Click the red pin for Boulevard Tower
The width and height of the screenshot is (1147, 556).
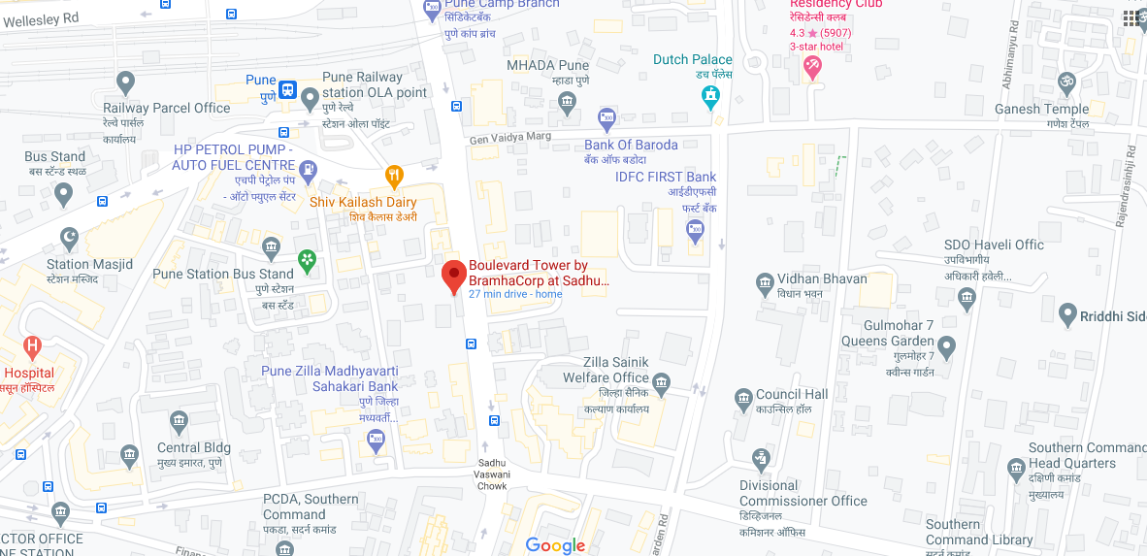tap(452, 276)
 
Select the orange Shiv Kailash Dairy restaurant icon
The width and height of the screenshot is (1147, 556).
tap(393, 176)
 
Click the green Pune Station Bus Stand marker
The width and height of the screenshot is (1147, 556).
tap(308, 260)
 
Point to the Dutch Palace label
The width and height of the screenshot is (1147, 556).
tap(692, 60)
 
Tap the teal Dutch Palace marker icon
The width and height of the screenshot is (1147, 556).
tap(711, 95)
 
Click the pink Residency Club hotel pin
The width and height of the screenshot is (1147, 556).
tap(812, 67)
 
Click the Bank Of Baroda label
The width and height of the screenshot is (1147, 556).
tap(631, 146)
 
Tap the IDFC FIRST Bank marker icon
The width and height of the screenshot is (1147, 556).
tap(695, 230)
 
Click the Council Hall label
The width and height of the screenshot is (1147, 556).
tap(792, 395)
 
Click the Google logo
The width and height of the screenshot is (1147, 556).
tap(555, 545)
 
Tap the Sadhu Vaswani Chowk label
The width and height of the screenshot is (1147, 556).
tap(493, 474)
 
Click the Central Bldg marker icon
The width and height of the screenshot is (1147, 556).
tap(178, 420)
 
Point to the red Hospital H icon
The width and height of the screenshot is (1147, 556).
tap(33, 345)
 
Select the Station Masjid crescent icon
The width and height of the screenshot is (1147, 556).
tap(69, 236)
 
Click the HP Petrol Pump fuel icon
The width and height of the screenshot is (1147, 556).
tap(308, 171)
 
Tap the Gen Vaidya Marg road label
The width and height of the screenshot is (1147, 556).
tap(509, 138)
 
